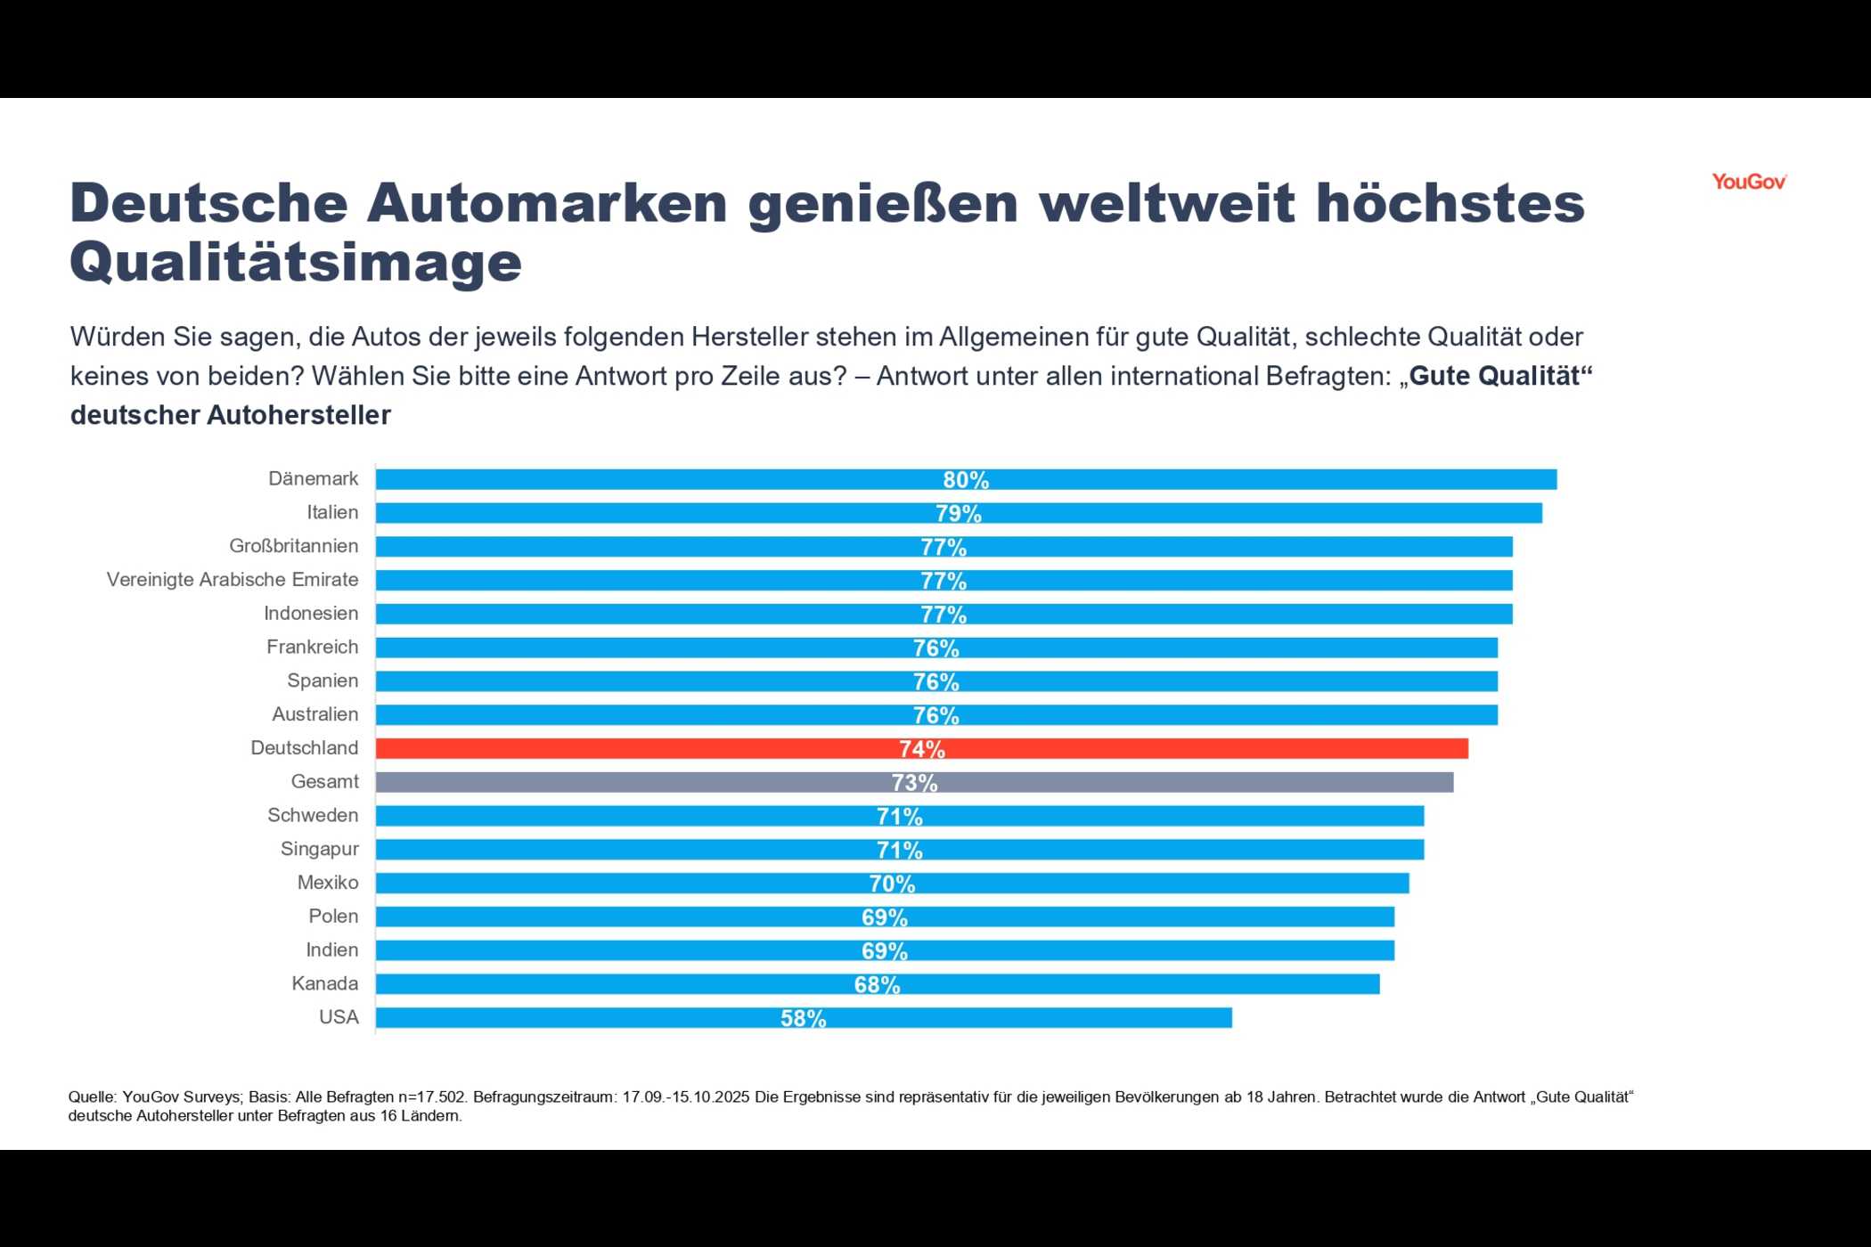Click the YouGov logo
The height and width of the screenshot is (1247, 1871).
click(x=1748, y=182)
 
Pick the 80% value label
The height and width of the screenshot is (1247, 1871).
click(x=966, y=480)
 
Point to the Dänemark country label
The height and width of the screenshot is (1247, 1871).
click(x=313, y=478)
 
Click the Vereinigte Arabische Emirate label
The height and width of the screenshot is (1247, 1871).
click(x=233, y=580)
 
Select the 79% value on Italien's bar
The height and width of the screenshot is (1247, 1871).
click(x=958, y=514)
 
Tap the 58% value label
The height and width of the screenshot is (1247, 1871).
click(x=803, y=1018)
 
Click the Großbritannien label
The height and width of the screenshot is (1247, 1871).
click(x=293, y=546)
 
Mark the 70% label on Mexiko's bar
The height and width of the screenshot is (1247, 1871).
click(x=892, y=884)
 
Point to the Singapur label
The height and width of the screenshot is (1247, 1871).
click(x=319, y=849)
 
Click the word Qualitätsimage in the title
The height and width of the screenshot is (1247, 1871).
click(x=295, y=262)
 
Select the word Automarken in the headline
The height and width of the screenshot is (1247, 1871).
click(x=547, y=203)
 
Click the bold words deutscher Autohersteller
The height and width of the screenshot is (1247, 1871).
click(x=230, y=415)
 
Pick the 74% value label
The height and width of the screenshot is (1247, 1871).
click(x=921, y=749)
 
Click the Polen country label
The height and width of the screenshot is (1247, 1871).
click(x=333, y=917)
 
